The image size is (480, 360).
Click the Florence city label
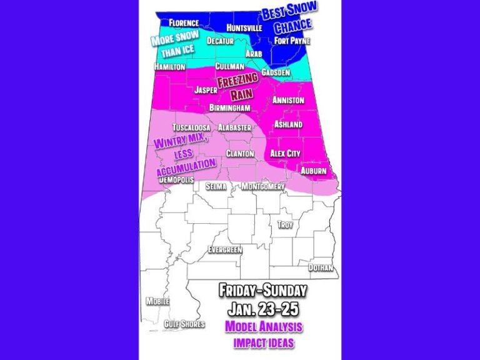(x=184, y=23)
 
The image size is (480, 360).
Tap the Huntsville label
(x=244, y=28)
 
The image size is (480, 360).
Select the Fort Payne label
(x=291, y=41)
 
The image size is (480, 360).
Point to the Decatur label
(x=220, y=41)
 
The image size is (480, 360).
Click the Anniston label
(x=288, y=100)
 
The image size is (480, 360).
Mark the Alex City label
(x=285, y=153)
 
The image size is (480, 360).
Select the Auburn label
(x=314, y=170)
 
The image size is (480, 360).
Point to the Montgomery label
(x=263, y=186)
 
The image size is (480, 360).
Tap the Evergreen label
(x=224, y=250)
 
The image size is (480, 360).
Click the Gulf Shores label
(x=184, y=324)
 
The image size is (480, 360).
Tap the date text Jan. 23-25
(x=262, y=309)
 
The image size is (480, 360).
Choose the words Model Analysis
(x=263, y=326)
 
